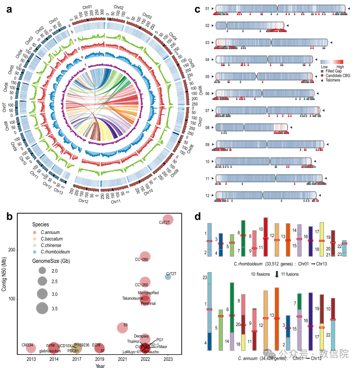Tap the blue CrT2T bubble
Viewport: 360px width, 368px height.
coord(168,276)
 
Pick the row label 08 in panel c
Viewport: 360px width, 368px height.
coord(207,127)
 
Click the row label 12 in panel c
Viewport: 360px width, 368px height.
coord(207,195)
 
